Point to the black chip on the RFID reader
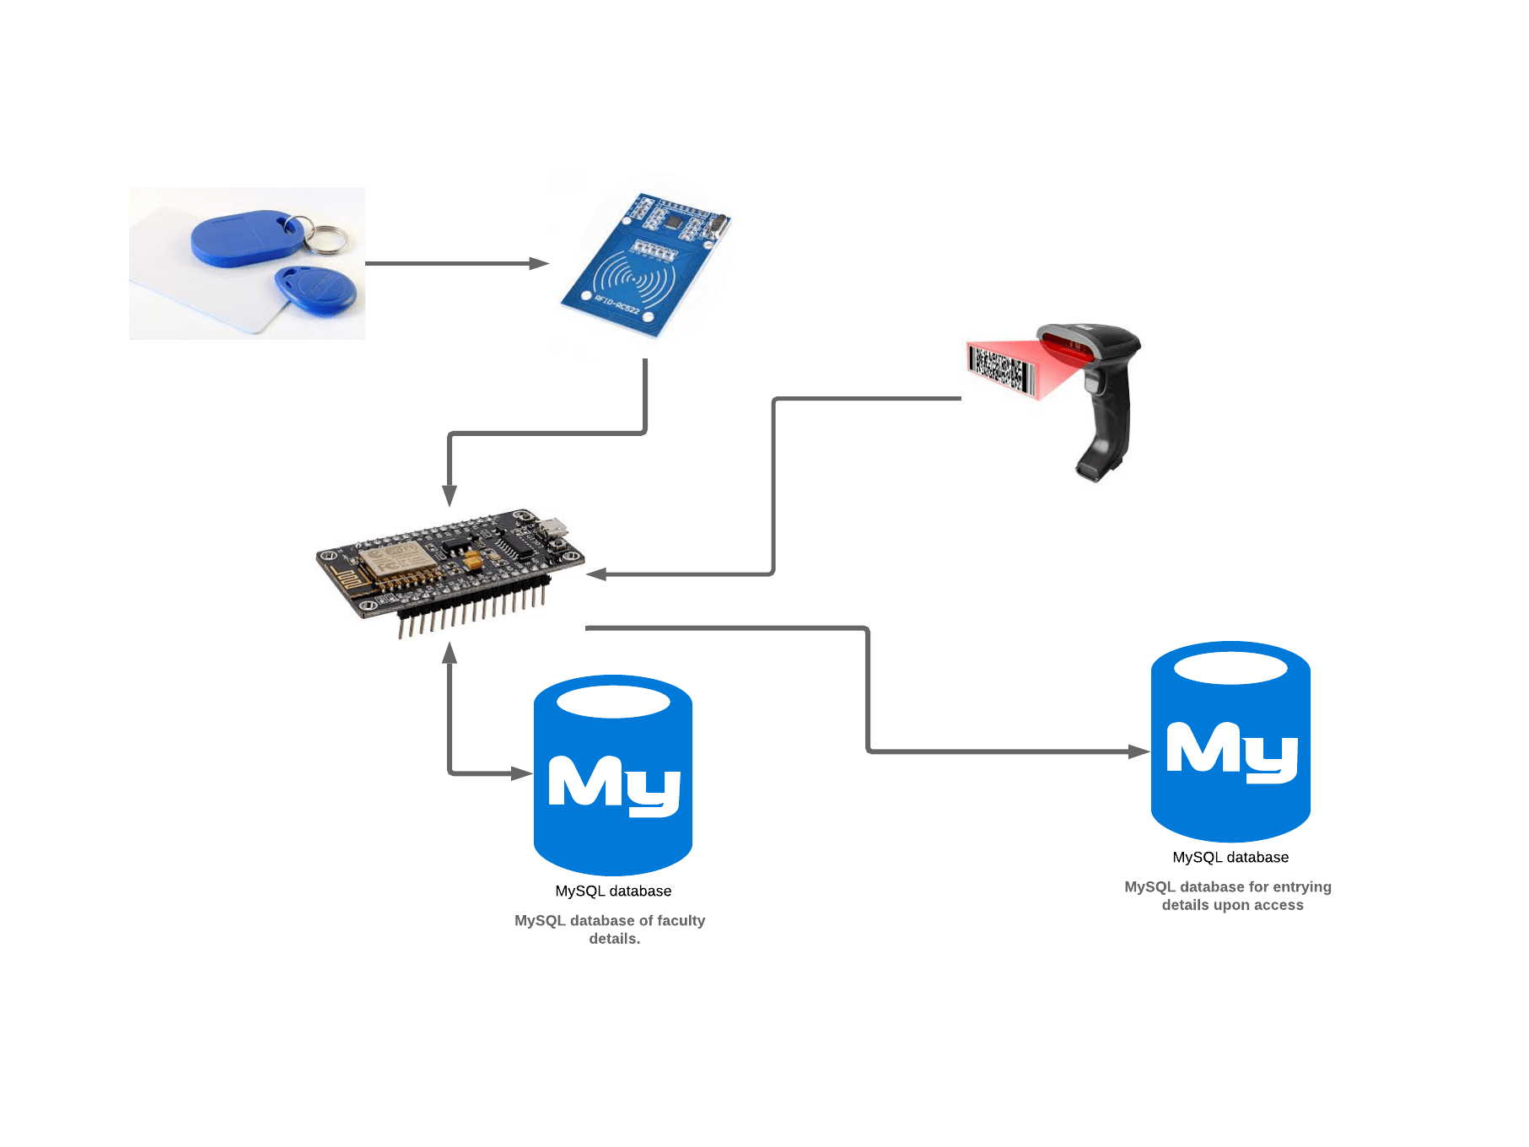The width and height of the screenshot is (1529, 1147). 675,220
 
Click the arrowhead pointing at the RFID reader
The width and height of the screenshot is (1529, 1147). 539,263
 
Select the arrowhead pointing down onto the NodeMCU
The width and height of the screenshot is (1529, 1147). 450,496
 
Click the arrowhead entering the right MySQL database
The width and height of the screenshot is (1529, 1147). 1139,751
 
